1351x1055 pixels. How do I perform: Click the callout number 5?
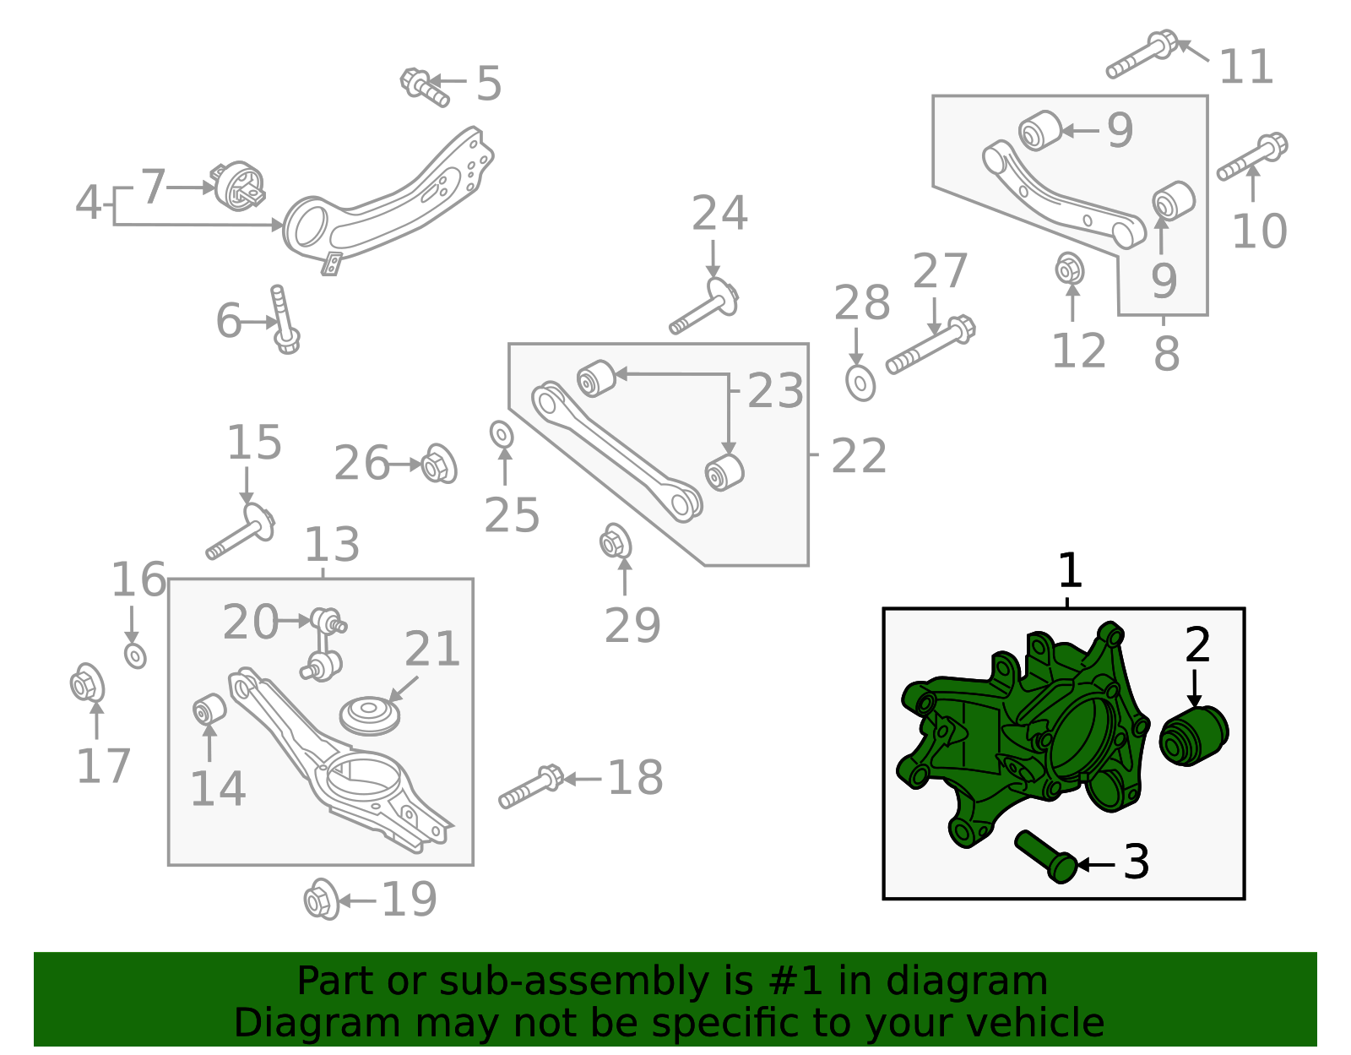point(489,84)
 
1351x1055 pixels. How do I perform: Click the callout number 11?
point(1245,68)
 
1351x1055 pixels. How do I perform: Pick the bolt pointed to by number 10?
point(1252,158)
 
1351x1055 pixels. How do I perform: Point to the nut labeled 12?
point(1070,269)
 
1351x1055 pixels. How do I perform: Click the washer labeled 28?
point(860,383)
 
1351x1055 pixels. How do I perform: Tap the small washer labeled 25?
point(502,434)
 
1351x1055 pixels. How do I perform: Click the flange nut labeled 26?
point(438,464)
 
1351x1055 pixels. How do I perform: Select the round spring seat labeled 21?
point(369,715)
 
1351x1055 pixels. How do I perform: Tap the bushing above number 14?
point(209,709)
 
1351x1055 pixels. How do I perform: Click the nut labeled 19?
point(321,900)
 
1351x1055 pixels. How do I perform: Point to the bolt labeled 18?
point(531,786)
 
